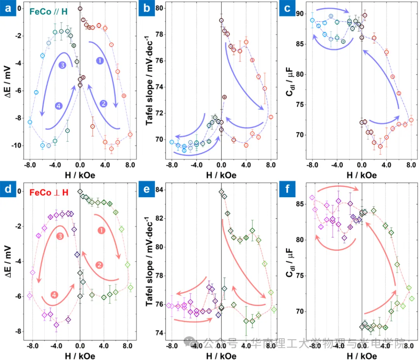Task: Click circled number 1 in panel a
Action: [100, 61]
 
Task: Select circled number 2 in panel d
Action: [99, 265]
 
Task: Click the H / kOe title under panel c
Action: [362, 175]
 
